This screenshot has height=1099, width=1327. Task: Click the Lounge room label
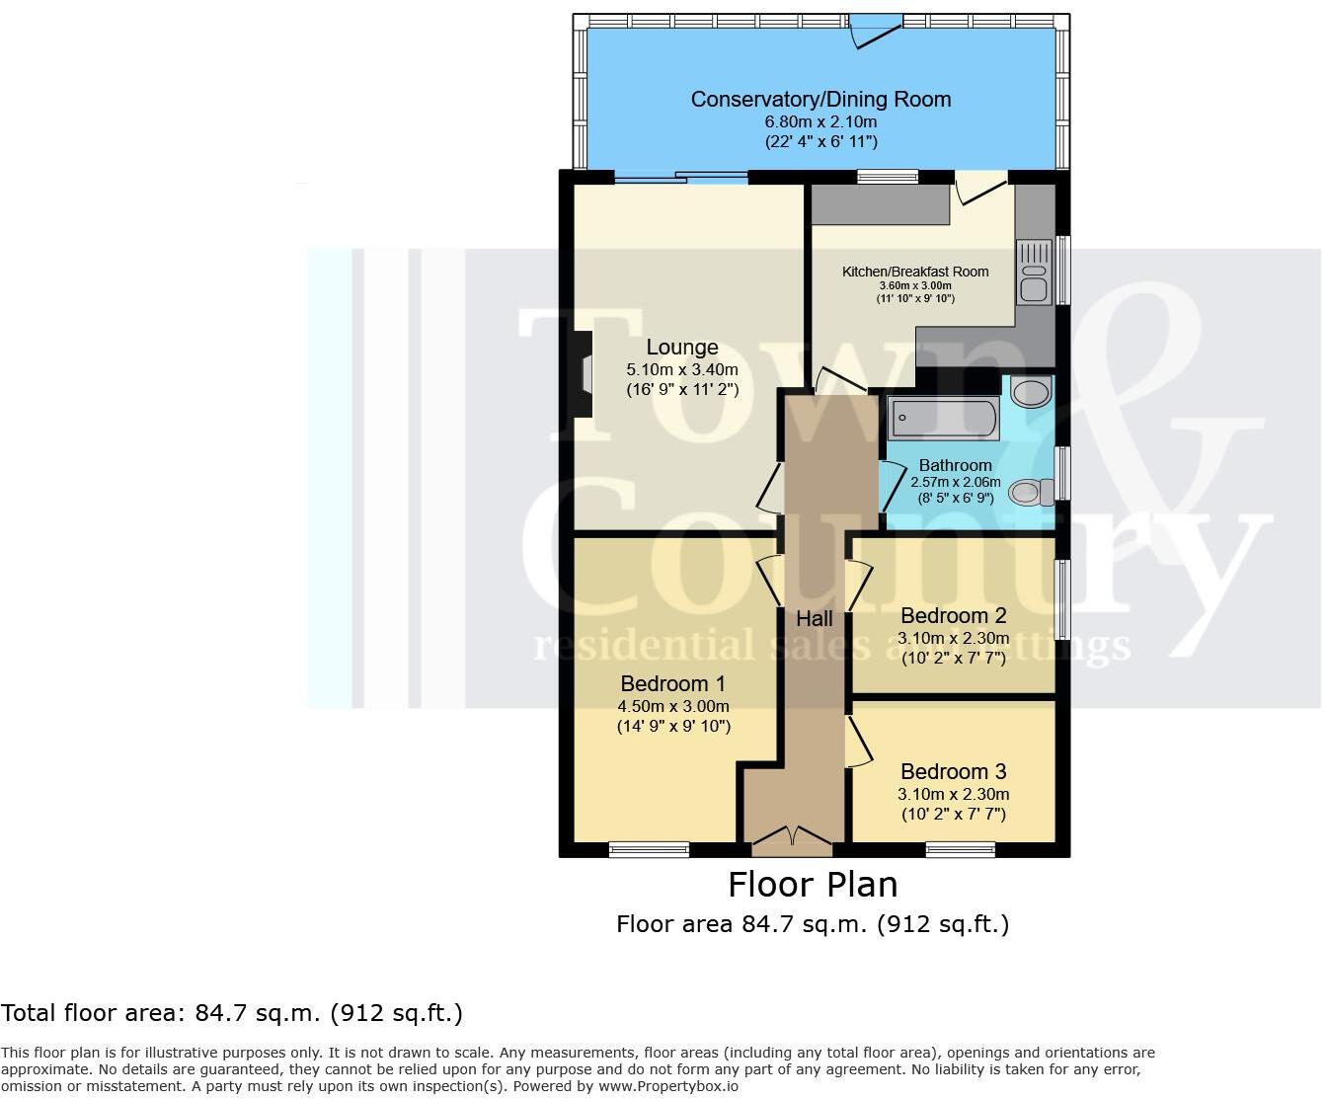pos(681,348)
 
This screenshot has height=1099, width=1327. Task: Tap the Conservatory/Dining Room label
pos(820,100)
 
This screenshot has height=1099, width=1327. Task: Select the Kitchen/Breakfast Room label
pos(914,272)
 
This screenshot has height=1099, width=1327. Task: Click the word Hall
pos(815,619)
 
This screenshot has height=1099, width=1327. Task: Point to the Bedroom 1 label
pos(672,683)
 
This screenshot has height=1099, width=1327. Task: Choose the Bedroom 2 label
pos(953,616)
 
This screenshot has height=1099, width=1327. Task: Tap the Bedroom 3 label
pos(953,772)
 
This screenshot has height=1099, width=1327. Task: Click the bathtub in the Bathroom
pos(943,419)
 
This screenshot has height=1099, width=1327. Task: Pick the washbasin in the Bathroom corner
pos(1030,393)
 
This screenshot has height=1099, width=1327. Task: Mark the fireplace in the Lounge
pos(582,374)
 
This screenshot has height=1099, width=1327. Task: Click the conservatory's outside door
pos(876,31)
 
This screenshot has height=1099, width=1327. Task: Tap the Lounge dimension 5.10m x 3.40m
pos(681,369)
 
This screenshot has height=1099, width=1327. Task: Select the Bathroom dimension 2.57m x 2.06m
pos(955,483)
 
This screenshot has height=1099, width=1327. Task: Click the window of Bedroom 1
pos(649,849)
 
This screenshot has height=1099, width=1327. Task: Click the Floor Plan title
pos(813,884)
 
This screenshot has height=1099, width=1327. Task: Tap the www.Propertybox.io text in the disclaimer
pos(668,1086)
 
